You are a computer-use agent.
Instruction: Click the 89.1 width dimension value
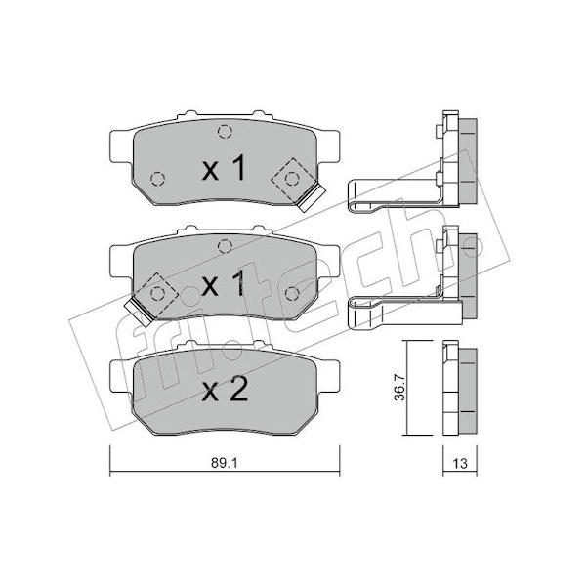225,463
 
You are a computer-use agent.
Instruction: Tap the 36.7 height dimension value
399,388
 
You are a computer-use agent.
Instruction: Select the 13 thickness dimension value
460,463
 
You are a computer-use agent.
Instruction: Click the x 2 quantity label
225,390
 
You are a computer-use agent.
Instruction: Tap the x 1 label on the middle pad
224,283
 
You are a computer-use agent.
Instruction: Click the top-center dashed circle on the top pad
225,131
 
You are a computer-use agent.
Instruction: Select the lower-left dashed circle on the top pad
157,179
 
